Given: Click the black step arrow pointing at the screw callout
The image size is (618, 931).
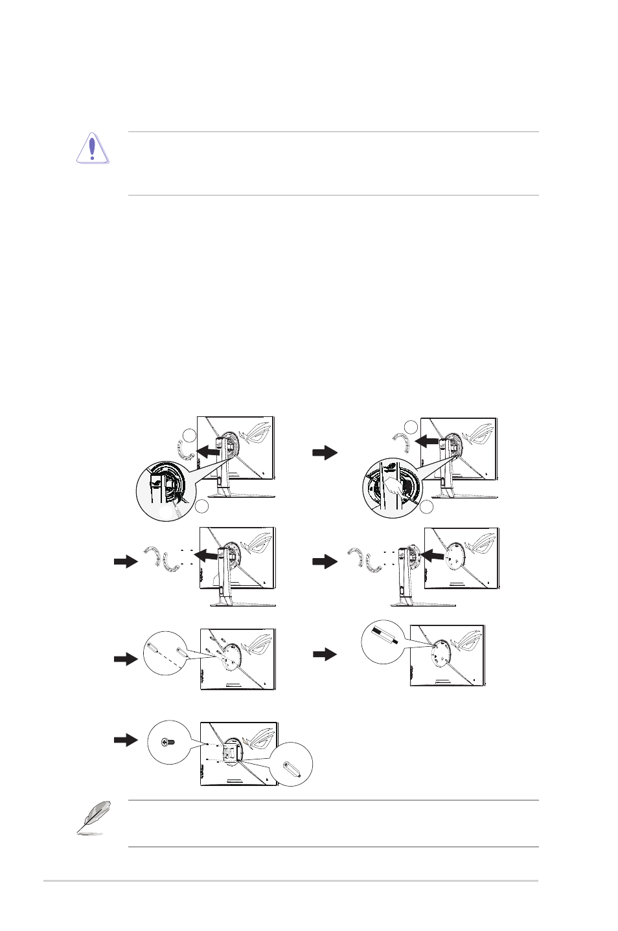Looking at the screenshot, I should coord(126,739).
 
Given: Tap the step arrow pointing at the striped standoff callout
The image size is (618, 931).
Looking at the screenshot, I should coord(325,655).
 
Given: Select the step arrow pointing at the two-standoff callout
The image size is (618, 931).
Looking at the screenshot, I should coord(126,659).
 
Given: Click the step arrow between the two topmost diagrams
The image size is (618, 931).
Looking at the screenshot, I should coord(325,453).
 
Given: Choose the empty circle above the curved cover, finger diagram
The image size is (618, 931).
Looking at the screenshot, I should coord(410,425).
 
